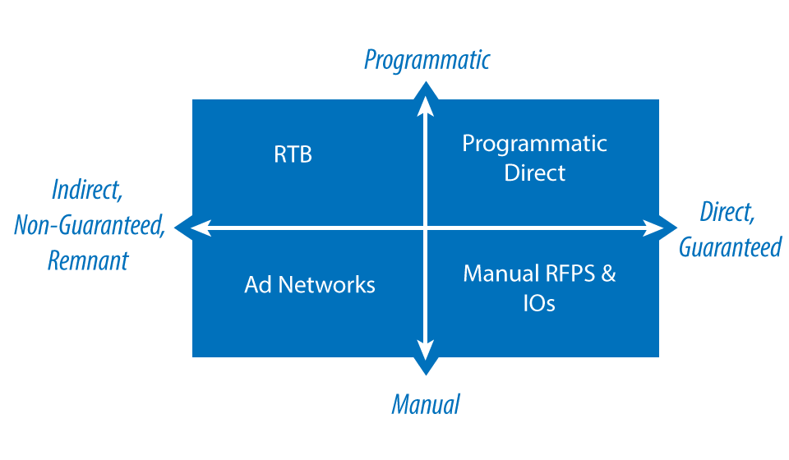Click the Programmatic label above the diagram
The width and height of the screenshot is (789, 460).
point(427,60)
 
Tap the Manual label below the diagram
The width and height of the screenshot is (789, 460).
point(425,404)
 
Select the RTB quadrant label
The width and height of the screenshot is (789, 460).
point(293,154)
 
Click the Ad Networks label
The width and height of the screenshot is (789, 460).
point(310,285)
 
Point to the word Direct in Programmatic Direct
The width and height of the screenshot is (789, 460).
point(535,173)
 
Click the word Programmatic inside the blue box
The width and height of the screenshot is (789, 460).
point(534,144)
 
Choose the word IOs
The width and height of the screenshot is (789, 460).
point(539,303)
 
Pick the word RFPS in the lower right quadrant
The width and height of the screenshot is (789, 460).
point(568,274)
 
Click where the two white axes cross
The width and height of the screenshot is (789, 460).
point(426,227)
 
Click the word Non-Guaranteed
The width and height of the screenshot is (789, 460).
point(90,226)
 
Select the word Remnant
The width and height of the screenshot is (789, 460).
point(88,260)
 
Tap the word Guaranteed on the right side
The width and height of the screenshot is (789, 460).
point(730,246)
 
